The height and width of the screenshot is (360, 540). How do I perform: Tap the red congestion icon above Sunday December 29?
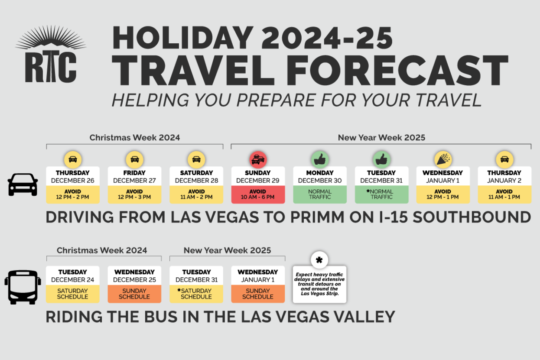(x=258, y=159)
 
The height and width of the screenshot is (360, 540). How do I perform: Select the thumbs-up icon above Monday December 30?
(x=320, y=159)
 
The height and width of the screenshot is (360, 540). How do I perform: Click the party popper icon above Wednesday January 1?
(x=443, y=159)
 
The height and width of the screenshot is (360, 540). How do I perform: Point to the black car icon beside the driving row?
(x=23, y=185)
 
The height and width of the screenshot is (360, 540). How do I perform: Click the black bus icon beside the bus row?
(x=23, y=287)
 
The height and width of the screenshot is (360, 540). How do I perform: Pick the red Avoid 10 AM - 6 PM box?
(x=258, y=195)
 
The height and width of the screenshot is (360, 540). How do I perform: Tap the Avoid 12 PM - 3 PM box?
(x=134, y=195)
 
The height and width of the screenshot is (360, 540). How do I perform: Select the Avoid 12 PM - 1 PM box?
(x=443, y=195)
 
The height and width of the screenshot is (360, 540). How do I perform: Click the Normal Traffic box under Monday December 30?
(x=320, y=195)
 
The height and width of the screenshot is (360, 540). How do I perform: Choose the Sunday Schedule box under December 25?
(x=134, y=294)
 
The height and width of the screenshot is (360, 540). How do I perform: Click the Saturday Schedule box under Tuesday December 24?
(x=73, y=294)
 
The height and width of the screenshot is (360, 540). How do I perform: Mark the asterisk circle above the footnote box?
(x=319, y=260)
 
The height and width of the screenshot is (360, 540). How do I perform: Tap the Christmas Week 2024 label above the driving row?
(x=134, y=138)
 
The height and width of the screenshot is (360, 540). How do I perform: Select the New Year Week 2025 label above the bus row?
(x=227, y=250)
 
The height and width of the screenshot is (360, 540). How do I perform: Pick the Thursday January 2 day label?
(x=504, y=176)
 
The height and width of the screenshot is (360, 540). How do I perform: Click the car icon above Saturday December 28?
(x=196, y=159)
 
